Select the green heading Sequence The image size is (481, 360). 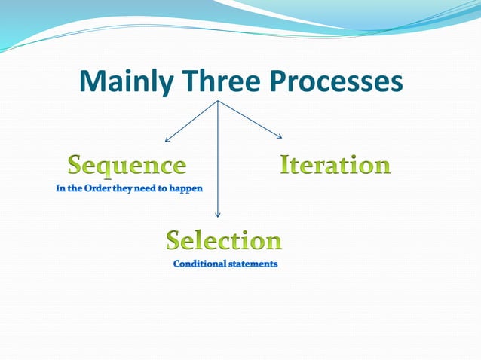coord(127,165)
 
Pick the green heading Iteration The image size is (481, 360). coord(335,164)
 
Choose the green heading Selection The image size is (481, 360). coord(224,240)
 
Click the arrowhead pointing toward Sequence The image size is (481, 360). coord(167,140)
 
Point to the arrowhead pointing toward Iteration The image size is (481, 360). coord(280,136)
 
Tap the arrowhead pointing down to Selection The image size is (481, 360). coord(218,216)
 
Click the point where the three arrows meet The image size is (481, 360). coord(218,101)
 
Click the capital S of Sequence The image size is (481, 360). coord(77,165)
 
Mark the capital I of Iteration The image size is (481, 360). coord(286,164)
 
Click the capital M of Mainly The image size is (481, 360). coord(92,81)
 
